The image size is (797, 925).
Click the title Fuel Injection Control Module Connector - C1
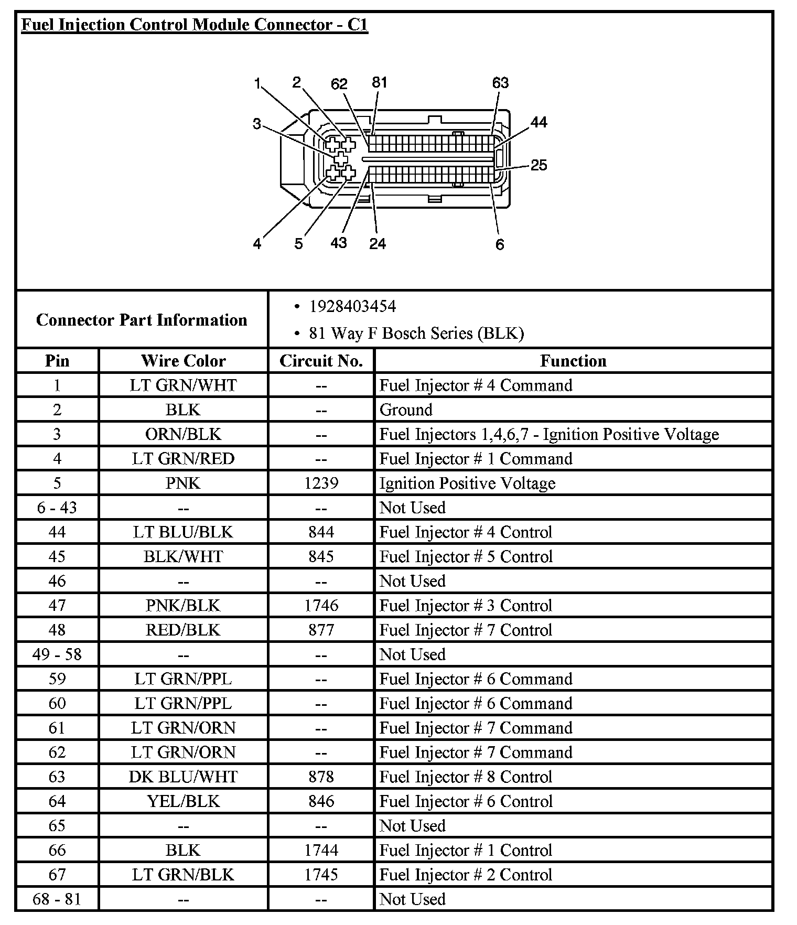tap(195, 25)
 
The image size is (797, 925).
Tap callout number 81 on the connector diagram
tap(379, 82)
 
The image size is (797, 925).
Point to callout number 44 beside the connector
tap(538, 122)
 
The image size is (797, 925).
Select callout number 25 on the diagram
tap(538, 165)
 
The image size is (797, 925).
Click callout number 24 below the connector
tap(377, 243)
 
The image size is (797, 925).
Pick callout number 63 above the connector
tap(500, 83)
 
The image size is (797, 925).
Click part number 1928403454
tap(352, 306)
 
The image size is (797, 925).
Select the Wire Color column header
tap(183, 361)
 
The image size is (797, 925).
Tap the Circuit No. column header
tap(321, 361)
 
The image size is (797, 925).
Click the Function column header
tap(573, 361)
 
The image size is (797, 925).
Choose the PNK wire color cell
tap(183, 483)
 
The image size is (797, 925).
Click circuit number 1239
tap(321, 483)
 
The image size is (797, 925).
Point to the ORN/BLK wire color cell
tap(183, 434)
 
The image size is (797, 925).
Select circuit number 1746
tap(321, 606)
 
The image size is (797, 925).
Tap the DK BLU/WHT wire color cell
tap(183, 777)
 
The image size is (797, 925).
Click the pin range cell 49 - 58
tap(57, 654)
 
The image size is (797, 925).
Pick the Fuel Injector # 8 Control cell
tap(466, 777)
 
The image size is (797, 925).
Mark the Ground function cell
tap(406, 410)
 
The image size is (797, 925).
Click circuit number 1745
tap(321, 875)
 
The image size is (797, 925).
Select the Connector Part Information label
tap(142, 320)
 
